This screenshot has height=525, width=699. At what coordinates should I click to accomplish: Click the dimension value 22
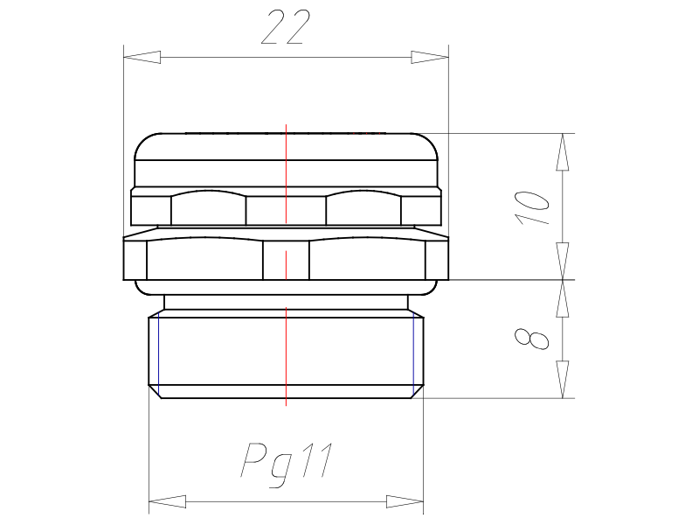click(286, 28)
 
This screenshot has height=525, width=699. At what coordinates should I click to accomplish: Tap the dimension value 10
click(532, 207)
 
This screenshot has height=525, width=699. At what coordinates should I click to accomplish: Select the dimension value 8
click(532, 339)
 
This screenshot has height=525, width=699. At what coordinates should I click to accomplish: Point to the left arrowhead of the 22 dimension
click(142, 57)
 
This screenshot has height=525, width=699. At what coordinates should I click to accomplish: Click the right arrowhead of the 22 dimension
click(430, 57)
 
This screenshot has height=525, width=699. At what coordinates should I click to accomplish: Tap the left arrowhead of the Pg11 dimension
click(167, 501)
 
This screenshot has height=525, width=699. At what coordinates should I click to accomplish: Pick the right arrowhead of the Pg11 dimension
click(405, 501)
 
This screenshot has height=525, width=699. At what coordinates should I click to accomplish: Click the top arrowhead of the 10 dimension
click(563, 151)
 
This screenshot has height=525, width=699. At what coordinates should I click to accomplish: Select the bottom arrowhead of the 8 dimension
click(563, 380)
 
